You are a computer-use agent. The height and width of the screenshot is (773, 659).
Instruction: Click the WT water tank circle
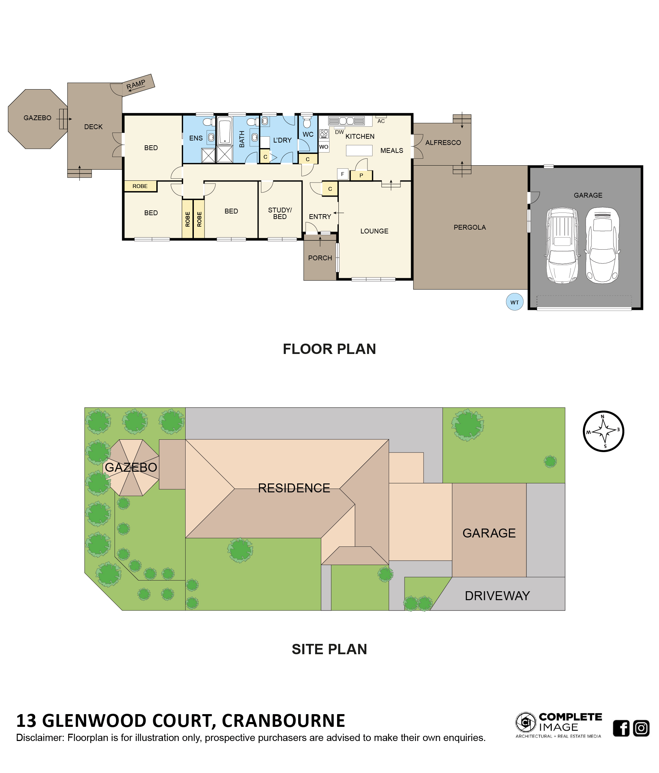(514, 302)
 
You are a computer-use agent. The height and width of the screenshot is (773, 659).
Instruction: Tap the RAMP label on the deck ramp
(136, 85)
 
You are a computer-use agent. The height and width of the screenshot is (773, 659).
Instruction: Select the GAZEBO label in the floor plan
(37, 118)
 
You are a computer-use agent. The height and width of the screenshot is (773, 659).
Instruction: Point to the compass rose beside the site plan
(603, 431)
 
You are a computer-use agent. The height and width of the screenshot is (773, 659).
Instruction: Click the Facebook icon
(621, 728)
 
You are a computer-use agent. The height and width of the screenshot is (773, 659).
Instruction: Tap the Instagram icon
(641, 728)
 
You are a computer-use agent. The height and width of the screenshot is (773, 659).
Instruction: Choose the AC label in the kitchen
(381, 121)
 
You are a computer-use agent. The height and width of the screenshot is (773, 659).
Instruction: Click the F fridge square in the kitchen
(342, 174)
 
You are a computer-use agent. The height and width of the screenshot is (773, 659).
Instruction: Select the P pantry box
(361, 175)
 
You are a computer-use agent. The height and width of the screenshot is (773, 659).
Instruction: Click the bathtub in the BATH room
(224, 130)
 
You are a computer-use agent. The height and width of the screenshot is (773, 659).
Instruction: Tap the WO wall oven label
(324, 147)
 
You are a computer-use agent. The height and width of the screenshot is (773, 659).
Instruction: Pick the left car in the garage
(562, 246)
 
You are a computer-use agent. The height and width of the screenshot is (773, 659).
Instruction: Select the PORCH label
(320, 258)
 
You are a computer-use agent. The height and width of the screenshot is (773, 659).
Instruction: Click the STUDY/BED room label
(280, 213)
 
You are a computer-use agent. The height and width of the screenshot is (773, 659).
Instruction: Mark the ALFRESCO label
(443, 143)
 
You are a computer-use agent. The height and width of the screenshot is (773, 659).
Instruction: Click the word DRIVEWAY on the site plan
(497, 596)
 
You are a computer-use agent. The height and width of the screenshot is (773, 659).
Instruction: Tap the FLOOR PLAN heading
(329, 349)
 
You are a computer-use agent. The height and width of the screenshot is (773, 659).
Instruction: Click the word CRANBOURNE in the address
(283, 721)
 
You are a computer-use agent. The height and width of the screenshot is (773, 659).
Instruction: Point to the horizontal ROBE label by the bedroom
(140, 186)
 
